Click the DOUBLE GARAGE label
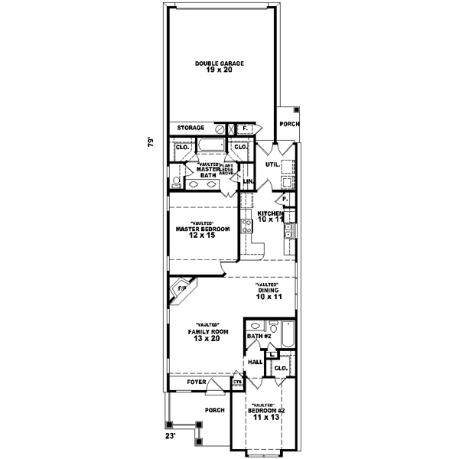[x=219, y=63]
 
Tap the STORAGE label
[x=190, y=128]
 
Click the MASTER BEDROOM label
[x=203, y=228]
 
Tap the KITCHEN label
[x=270, y=213]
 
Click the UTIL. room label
[x=271, y=164]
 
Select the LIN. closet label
[x=248, y=181]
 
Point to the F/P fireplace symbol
[x=181, y=290]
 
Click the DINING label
[x=267, y=289]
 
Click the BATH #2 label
[x=259, y=336]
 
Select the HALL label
[x=255, y=361]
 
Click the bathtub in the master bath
[x=208, y=145]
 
